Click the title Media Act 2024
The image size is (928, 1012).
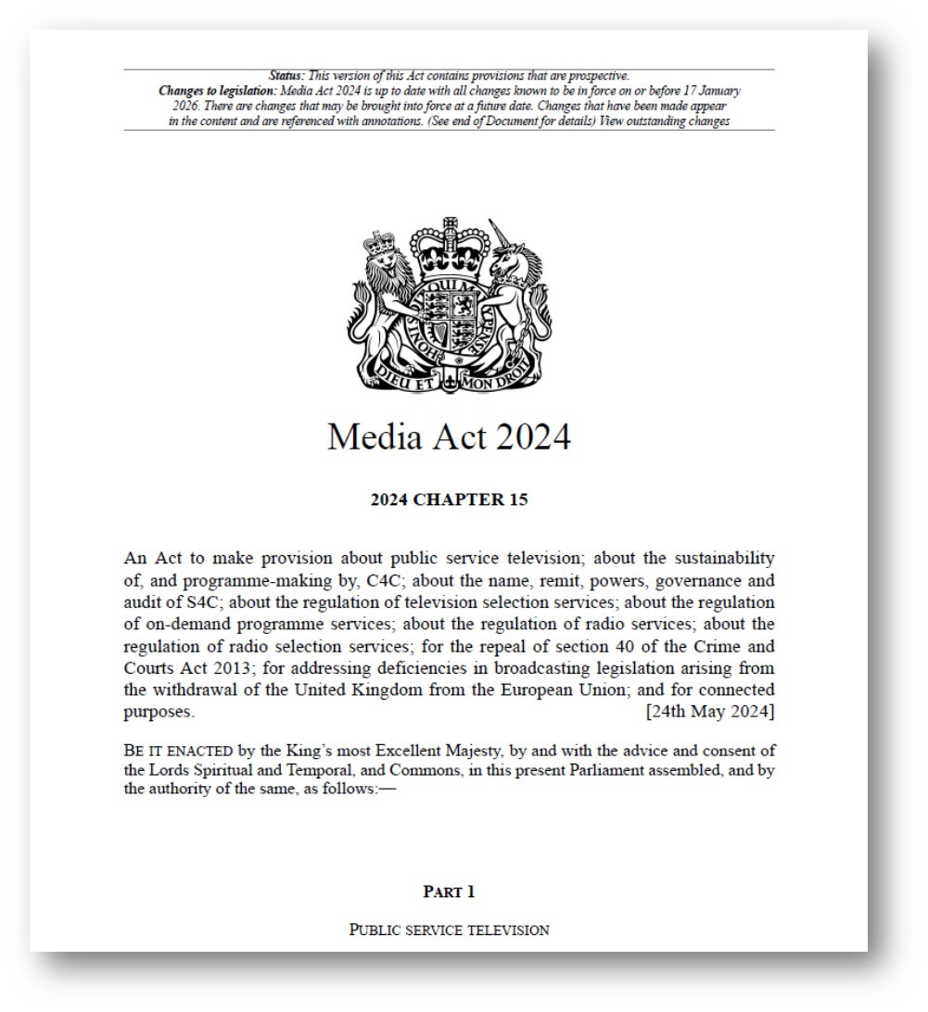pos(449,436)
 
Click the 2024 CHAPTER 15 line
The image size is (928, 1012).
pos(449,500)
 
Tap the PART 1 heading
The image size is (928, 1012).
pos(449,892)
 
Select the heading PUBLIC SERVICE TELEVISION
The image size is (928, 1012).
pos(449,930)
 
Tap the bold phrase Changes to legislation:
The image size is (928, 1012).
pos(217,91)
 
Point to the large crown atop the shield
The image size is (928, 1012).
pos(450,246)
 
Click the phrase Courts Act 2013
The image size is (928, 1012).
pos(183,668)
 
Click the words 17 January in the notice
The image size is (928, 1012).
pos(710,91)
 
